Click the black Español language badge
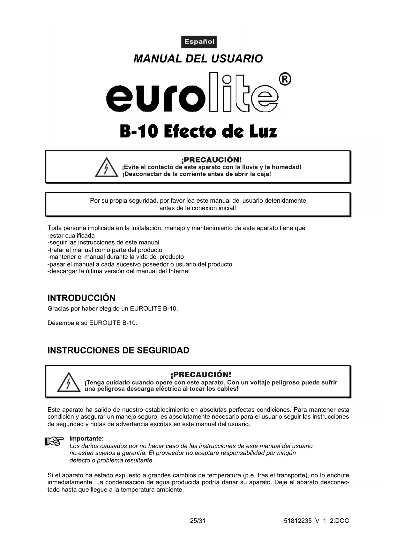[199, 42]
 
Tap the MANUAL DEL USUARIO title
[198, 59]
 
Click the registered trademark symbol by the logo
[285, 79]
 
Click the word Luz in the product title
[263, 132]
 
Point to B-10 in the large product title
[139, 132]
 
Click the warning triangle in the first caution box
[107, 168]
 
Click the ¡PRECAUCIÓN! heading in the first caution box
[211, 160]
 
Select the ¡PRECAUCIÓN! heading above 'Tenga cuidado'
[201, 374]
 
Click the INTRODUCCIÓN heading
[81, 298]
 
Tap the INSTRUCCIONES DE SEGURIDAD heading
[118, 350]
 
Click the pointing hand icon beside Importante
[52, 441]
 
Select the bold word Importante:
[86, 439]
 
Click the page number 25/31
[198, 521]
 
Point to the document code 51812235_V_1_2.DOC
[316, 521]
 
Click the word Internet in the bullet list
[179, 271]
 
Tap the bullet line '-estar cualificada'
[71, 236]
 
